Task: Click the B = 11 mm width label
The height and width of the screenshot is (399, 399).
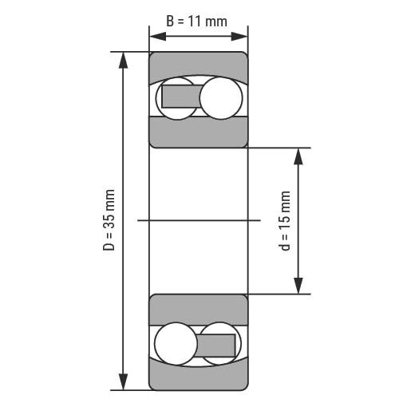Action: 196,22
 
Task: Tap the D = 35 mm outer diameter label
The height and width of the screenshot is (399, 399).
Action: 109,220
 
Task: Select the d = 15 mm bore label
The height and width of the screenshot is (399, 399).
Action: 284,221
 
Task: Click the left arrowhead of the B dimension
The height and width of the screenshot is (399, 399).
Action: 158,37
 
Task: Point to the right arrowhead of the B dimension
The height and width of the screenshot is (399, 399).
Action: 239,37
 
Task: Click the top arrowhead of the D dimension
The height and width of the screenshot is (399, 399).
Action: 123,60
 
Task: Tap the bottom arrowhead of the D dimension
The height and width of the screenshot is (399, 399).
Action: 123,382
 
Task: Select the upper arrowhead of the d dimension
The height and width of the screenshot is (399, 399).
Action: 298,156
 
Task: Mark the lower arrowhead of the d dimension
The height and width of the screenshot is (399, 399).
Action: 298,286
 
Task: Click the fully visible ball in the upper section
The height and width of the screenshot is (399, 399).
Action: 221,98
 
